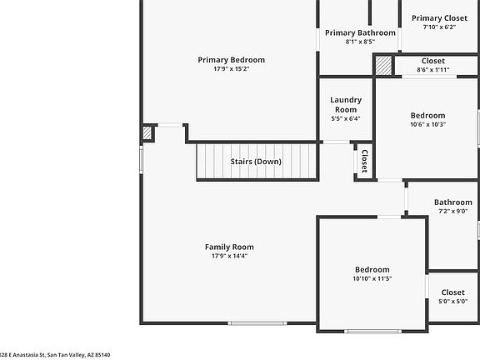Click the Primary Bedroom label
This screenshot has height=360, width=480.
click(x=231, y=60)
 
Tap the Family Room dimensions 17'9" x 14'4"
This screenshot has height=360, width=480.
click(x=230, y=256)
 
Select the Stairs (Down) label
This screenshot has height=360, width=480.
click(x=256, y=162)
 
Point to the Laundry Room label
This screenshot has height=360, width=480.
click(x=346, y=105)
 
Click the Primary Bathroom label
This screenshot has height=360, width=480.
click(x=360, y=32)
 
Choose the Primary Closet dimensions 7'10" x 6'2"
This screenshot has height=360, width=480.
click(x=440, y=27)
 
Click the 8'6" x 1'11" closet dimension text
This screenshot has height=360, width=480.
click(x=433, y=70)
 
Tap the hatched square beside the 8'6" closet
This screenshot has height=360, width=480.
click(x=383, y=66)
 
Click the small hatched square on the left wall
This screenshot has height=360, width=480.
click(x=147, y=133)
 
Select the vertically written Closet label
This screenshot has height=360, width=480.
click(x=365, y=162)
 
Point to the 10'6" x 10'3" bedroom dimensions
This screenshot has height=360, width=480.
click(x=428, y=125)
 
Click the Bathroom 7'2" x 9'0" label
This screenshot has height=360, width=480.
click(x=453, y=207)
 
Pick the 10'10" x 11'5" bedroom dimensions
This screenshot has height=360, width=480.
click(x=372, y=278)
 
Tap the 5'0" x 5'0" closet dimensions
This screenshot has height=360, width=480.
click(x=453, y=301)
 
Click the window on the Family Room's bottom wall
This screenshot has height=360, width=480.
click(x=257, y=323)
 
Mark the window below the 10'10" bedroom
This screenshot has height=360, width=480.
click(x=372, y=331)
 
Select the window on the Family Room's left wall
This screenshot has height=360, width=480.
click(x=141, y=159)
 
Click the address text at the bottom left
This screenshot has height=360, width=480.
click(x=55, y=355)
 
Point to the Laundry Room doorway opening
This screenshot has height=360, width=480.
click(x=337, y=142)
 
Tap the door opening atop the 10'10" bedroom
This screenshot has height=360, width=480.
click(x=389, y=217)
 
